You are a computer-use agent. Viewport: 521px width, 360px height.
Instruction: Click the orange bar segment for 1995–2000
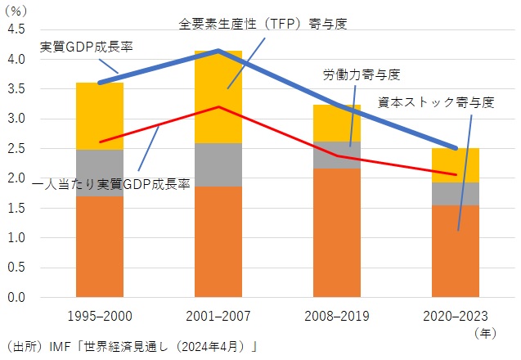pos(100,245)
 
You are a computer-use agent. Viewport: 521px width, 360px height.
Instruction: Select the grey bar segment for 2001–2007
pos(218,164)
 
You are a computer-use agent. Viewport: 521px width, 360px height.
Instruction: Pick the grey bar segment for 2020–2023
pos(456,193)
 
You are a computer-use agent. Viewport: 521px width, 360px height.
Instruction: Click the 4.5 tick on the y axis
pos(16,30)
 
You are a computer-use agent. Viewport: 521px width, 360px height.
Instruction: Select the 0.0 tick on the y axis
pos(16,298)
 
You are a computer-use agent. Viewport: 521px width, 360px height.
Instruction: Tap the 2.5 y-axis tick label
pos(16,149)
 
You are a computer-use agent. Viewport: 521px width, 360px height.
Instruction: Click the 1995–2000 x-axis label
pos(100,316)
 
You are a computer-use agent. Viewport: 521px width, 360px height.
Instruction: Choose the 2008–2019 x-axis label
pos(337,316)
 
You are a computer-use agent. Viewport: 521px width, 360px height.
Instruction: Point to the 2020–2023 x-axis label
pos(456,316)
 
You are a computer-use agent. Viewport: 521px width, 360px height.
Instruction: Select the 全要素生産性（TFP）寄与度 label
pos(263,24)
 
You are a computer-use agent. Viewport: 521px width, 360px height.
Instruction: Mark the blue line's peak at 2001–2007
pos(218,51)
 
